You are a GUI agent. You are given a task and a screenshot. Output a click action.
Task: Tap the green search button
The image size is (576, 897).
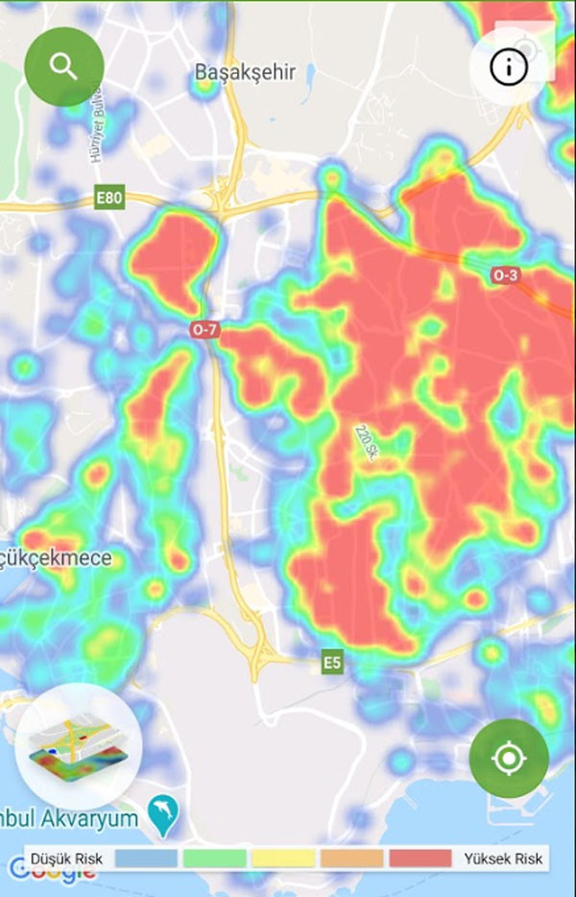coord(63,66)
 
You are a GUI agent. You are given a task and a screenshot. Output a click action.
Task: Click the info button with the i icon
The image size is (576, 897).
coord(509,66)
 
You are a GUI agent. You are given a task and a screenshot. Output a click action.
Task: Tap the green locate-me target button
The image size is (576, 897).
coord(509,759)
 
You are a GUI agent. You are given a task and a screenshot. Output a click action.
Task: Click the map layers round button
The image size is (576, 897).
coord(79,747)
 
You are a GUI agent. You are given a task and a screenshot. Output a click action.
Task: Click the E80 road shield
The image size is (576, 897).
coord(109,199)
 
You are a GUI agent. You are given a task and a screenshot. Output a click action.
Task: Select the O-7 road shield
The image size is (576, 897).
coord(205,330)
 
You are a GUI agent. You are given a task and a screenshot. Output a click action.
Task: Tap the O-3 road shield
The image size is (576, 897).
coord(506,276)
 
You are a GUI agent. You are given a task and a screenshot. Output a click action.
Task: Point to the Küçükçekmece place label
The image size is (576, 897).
coord(58,558)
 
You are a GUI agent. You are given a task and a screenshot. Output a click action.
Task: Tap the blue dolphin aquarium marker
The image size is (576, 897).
coord(164,817)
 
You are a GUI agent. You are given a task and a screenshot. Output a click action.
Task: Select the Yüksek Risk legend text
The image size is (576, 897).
coord(502,859)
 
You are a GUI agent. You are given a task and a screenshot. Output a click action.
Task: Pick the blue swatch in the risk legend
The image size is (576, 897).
coord(146,859)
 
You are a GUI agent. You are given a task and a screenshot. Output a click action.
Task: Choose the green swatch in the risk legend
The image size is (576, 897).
coord(215,859)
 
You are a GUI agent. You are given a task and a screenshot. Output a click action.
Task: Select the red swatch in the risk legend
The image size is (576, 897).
coord(420,859)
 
